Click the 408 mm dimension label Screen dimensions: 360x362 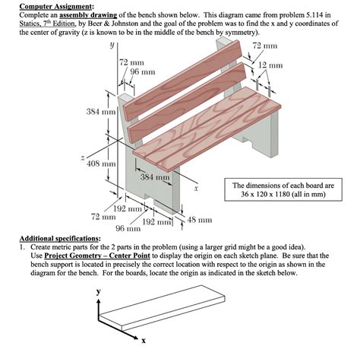point(101,164)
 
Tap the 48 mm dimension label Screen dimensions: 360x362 point(200,220)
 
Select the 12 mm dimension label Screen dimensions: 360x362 point(270,65)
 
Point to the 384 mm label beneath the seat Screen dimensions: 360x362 point(155,176)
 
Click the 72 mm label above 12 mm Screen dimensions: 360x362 point(265,46)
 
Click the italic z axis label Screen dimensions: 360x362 point(83,158)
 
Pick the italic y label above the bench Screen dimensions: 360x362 point(112,45)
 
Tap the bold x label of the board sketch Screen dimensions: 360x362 point(144,341)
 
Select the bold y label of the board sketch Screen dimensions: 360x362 point(99,291)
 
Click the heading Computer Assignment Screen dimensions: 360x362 point(57,6)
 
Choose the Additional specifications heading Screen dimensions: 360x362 point(60,239)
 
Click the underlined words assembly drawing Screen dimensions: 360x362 point(88,15)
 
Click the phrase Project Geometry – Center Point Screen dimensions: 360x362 point(97,256)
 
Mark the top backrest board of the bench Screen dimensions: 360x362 point(182,80)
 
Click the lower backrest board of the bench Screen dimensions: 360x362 point(187,103)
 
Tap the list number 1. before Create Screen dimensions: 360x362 point(22,247)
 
